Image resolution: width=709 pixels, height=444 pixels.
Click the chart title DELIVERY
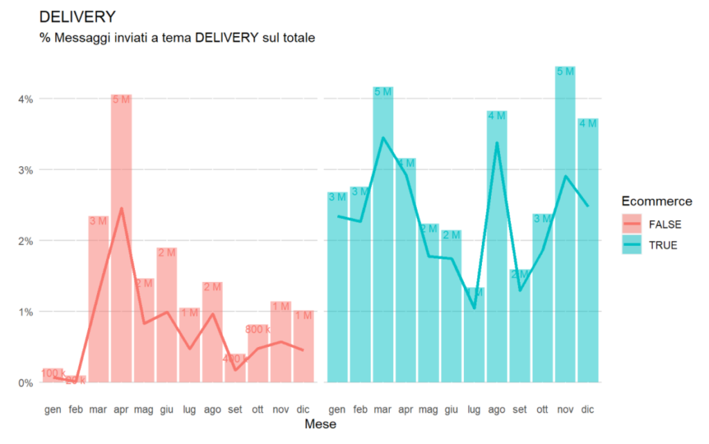tap(78, 17)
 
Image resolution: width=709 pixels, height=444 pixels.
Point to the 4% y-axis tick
tap(25, 99)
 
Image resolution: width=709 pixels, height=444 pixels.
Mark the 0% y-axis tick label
tap(25, 382)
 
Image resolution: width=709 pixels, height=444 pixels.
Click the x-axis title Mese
tap(321, 425)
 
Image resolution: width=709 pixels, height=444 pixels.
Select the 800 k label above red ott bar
tap(258, 329)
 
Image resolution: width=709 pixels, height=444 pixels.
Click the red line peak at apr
tap(121, 208)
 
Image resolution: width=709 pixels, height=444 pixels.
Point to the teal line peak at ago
tap(496, 143)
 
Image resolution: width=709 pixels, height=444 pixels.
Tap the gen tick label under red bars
tap(53, 409)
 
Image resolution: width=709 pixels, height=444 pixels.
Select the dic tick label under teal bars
tap(587, 409)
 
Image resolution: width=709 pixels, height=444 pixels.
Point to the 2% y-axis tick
tap(25, 241)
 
